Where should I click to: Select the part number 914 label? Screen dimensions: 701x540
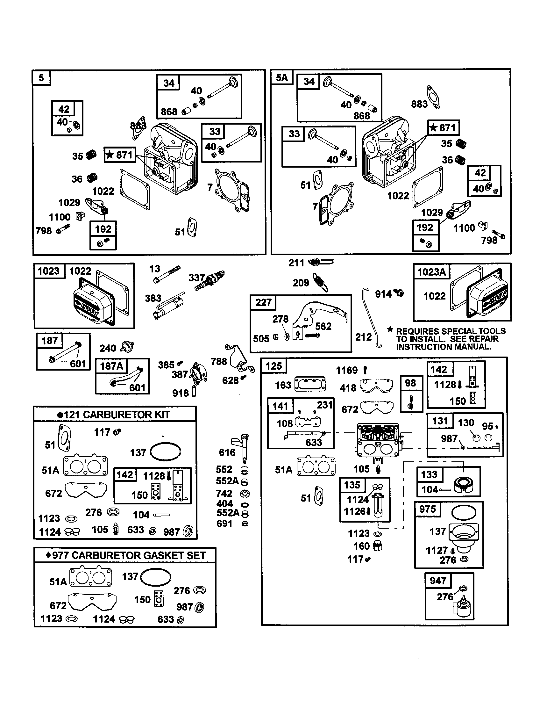pos(383,294)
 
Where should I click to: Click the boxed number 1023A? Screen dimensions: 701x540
pos(431,272)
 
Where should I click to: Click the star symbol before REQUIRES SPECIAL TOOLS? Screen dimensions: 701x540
pos(390,330)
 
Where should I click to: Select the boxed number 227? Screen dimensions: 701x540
pos(263,302)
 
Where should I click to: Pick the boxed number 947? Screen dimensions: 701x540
pos(438,581)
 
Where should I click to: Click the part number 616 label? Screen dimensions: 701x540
pos(227,452)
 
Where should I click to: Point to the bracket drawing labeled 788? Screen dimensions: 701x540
pos(239,356)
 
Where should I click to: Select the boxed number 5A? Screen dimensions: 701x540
pos(282,78)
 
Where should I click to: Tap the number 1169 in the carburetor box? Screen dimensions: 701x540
pos(346,370)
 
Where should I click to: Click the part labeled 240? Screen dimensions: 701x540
pos(127,347)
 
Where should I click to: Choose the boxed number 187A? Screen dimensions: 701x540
pos(111,366)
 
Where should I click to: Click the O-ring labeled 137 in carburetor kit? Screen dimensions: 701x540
pos(165,452)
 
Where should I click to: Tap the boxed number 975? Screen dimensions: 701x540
pos(427,509)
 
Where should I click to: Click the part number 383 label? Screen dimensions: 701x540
pos(153,298)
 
